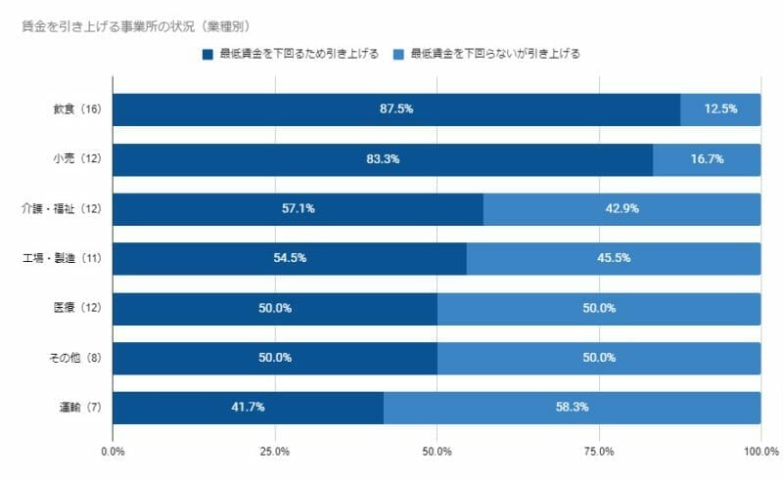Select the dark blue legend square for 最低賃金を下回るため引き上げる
point(207,54)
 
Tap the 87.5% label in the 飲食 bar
point(396,109)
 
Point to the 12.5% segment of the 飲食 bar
point(720,109)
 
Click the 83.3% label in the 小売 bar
point(383,158)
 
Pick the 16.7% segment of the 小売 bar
point(707,158)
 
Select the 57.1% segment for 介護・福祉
point(298,208)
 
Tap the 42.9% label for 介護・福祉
point(622,208)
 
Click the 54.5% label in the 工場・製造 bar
point(289,258)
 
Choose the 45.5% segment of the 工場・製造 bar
point(613,258)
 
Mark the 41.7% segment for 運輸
point(248,408)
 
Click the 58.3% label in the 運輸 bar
point(572,408)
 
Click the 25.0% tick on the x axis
point(275,451)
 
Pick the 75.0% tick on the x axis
point(599,451)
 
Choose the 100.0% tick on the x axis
point(760,451)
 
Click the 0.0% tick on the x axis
point(114,451)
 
